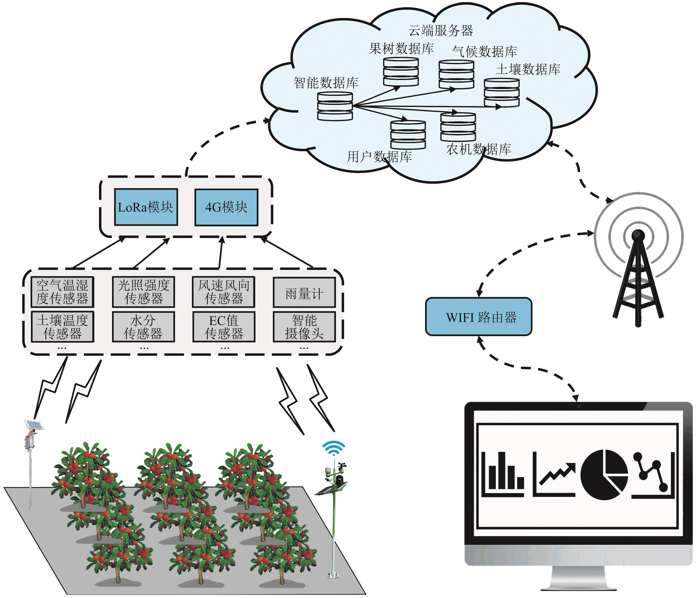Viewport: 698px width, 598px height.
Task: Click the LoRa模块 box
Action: [x=146, y=207]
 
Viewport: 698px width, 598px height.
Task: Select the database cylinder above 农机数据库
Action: [x=458, y=127]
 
